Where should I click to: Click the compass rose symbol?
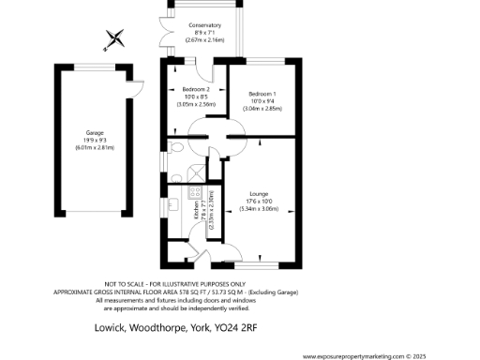click(115, 39)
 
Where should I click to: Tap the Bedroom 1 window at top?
click(265, 62)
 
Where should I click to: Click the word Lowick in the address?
click(112, 329)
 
